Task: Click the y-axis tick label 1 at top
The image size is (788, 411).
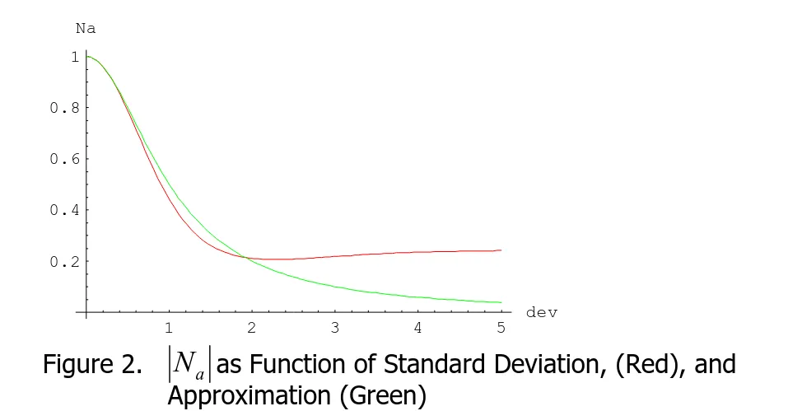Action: point(74,57)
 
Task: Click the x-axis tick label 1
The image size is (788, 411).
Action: point(169,328)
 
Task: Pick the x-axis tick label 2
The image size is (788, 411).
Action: point(252,328)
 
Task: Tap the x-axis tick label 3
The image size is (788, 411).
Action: point(335,328)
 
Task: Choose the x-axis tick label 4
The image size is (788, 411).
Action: point(417,328)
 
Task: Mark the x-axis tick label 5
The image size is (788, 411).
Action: point(501,328)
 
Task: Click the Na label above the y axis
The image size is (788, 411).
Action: point(85,27)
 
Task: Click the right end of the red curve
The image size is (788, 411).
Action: point(501,250)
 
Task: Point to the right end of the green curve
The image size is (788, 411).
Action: point(501,302)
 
